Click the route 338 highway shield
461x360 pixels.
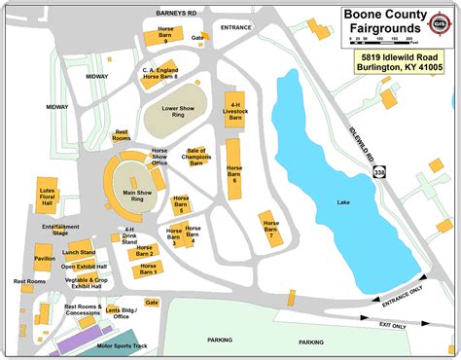point(376,170)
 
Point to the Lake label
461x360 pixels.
point(342,202)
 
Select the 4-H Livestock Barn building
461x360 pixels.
point(233,114)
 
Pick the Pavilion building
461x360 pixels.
point(45,259)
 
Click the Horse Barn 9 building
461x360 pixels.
point(166,37)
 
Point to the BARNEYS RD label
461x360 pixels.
point(176,12)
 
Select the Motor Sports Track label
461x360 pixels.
point(124,345)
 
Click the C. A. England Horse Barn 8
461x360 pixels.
point(163,76)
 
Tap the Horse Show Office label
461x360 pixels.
point(158,157)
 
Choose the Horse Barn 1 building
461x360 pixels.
point(148,272)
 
